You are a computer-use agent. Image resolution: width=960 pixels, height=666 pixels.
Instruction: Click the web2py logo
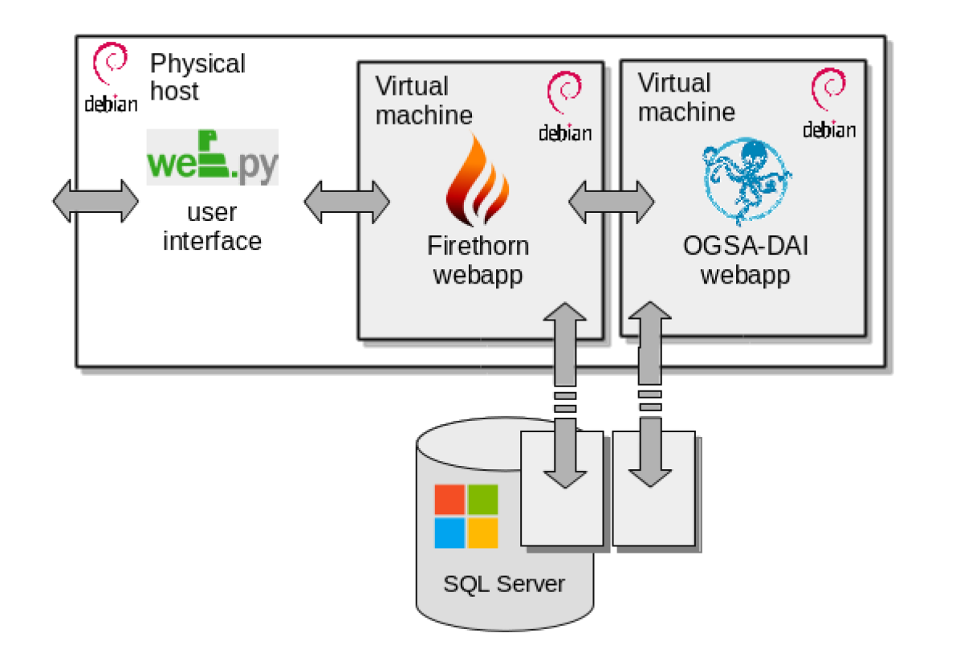click(213, 157)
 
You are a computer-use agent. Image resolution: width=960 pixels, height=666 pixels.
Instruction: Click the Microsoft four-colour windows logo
click(466, 517)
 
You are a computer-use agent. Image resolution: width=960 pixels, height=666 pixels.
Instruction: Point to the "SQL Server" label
click(504, 583)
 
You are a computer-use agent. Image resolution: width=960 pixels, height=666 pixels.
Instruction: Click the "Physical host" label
click(197, 77)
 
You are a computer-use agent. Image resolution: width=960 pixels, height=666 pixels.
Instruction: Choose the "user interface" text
click(212, 227)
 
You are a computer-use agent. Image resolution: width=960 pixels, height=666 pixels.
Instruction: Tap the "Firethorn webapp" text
click(478, 260)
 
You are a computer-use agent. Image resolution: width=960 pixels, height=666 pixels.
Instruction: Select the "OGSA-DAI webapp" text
click(745, 260)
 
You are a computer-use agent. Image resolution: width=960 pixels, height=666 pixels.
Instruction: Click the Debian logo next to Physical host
click(111, 79)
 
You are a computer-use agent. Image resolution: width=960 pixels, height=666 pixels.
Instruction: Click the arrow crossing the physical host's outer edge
click(96, 201)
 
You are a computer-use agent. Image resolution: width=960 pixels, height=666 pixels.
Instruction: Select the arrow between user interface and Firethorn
click(347, 202)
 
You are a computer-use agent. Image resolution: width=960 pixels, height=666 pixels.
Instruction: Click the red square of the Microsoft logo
click(449, 500)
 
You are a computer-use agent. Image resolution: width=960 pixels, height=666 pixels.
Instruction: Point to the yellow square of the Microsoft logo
click(482, 533)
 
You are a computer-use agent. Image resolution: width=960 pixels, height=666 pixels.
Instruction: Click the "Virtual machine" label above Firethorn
click(424, 100)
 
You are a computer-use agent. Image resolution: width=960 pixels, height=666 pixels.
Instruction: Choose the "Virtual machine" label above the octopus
click(686, 97)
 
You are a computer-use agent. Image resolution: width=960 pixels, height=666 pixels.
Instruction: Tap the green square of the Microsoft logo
click(482, 500)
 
